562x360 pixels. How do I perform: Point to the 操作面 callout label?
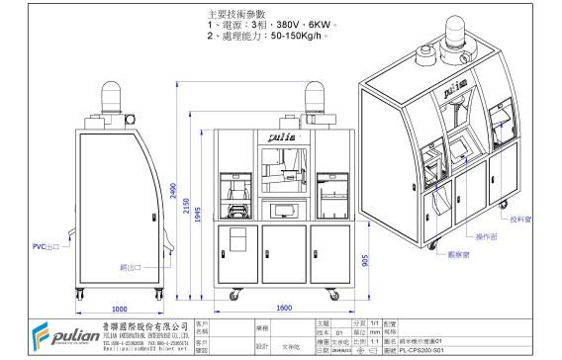(x=486, y=237)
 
